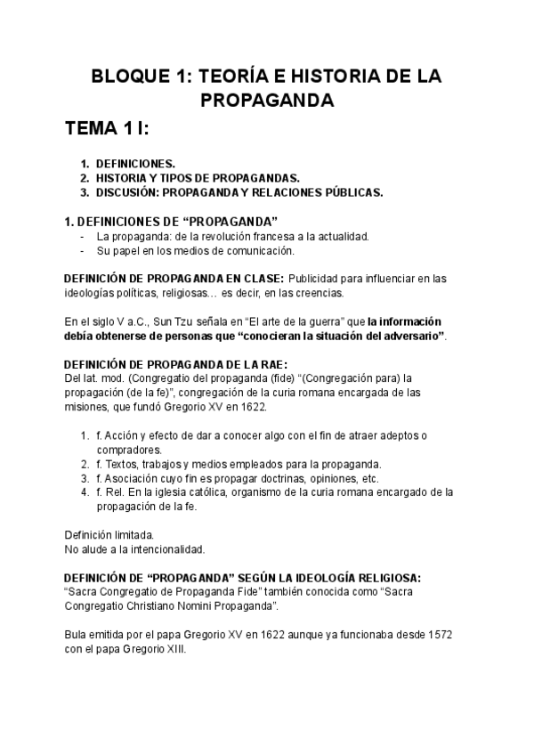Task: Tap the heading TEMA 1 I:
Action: tap(107, 131)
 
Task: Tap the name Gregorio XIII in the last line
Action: tap(155, 649)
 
